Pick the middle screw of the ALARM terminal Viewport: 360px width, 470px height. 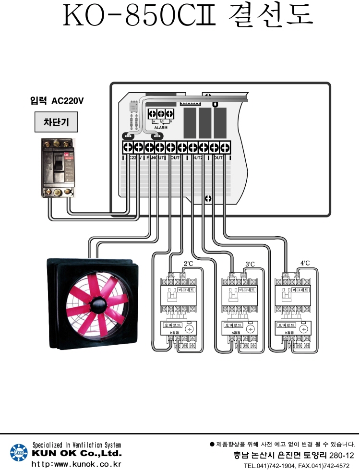click(161, 114)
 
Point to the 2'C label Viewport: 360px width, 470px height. click(189, 264)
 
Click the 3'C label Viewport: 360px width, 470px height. click(250, 264)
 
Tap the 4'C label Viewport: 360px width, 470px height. click(305, 263)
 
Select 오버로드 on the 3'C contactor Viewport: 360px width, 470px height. click(231, 325)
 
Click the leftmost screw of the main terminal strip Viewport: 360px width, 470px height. click(128, 147)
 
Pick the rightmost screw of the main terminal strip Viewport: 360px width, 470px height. click(225, 147)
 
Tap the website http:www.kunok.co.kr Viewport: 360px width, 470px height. click(76, 464)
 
